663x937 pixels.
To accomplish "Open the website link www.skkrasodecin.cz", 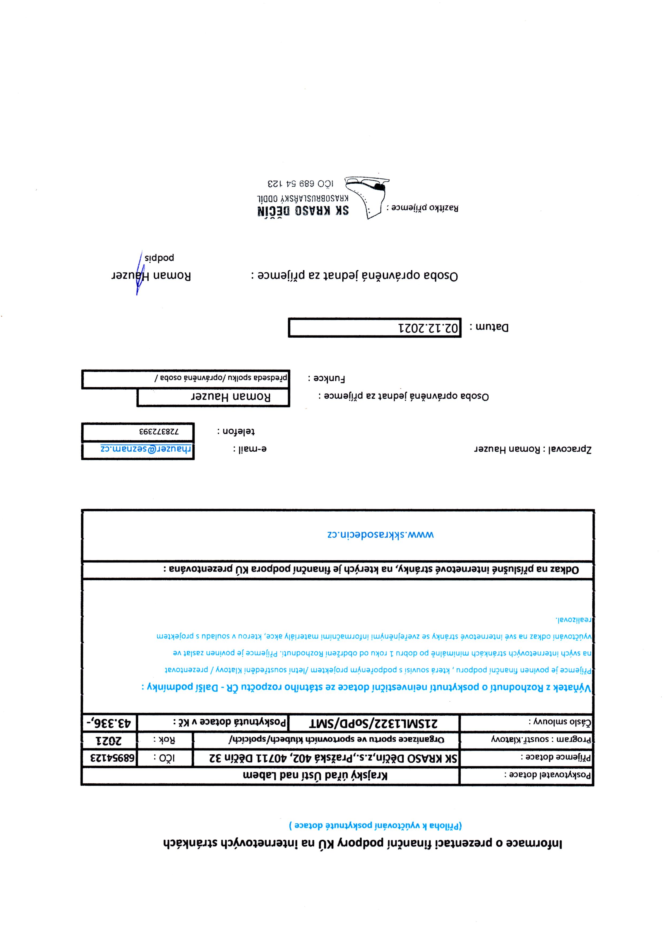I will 381,535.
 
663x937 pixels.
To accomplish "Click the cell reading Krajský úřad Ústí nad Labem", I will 315,776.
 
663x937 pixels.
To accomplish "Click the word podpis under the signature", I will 159,258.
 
